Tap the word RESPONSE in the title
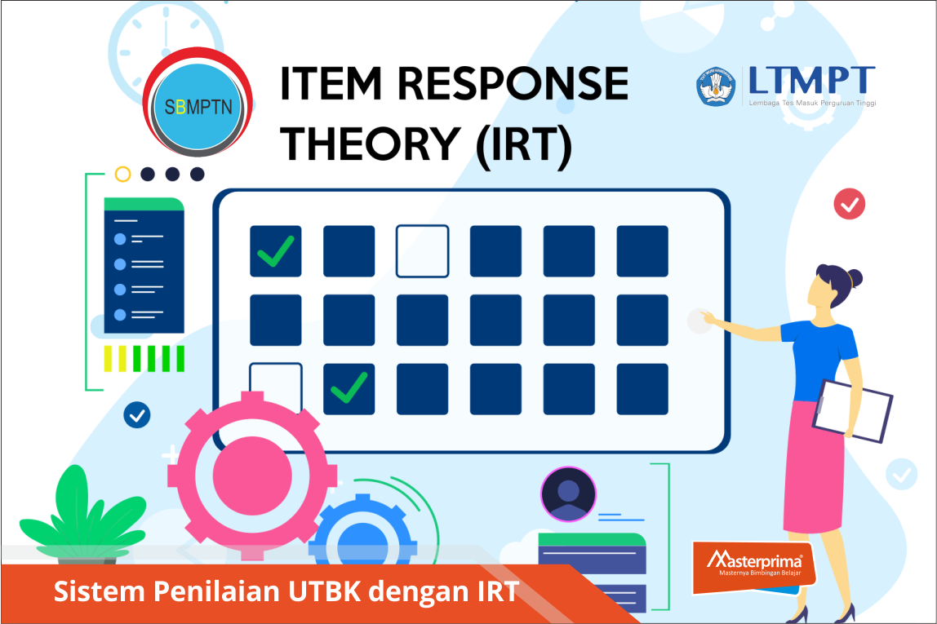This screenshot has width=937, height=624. [x=513, y=83]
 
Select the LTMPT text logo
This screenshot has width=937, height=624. [x=811, y=86]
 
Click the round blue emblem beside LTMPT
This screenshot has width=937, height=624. [x=715, y=87]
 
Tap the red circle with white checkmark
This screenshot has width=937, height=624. [x=849, y=204]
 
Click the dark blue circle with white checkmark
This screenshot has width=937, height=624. [x=137, y=415]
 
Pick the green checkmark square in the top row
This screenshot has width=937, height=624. [x=276, y=251]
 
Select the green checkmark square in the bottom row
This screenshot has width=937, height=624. [x=349, y=389]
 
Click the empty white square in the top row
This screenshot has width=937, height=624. [x=423, y=251]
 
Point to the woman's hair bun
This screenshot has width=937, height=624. [x=855, y=278]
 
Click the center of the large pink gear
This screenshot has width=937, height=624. [x=251, y=476]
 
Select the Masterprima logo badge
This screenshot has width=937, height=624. [x=753, y=567]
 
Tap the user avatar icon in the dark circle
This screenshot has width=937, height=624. [x=568, y=494]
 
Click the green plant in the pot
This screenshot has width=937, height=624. [x=82, y=514]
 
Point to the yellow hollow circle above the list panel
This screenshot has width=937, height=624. [x=122, y=174]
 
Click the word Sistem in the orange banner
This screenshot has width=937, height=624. [x=100, y=591]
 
